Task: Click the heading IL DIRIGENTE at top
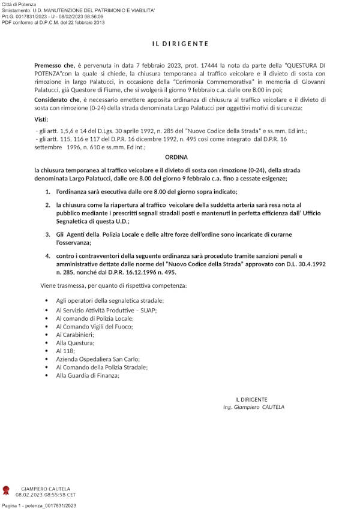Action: [179, 44]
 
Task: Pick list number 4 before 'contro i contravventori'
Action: [48, 255]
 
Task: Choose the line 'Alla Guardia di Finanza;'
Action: [88, 375]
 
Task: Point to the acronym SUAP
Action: [146, 311]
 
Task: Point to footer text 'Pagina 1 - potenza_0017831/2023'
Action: [39, 505]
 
